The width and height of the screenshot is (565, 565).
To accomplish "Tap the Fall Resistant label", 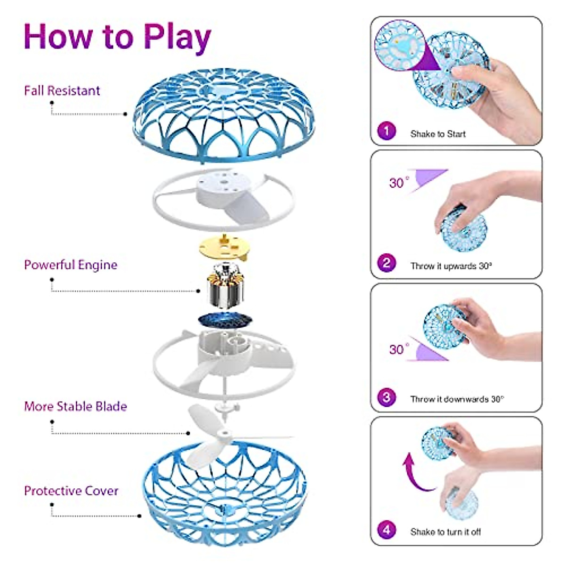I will click(x=62, y=90).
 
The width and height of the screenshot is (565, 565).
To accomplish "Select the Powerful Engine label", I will click(x=71, y=265).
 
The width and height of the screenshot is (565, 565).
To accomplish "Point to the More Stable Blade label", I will click(x=75, y=406).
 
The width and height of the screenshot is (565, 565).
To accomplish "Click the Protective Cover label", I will click(x=71, y=491).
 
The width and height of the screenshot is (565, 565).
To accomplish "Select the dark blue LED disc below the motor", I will click(x=225, y=321).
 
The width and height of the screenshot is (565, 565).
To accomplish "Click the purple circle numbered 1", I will click(x=387, y=130).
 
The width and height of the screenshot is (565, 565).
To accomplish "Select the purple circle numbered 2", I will click(x=387, y=263).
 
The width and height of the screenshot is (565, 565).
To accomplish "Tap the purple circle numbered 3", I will click(x=387, y=397).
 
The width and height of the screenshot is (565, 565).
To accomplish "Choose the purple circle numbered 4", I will click(x=387, y=530).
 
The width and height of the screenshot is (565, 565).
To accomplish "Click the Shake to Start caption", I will click(x=438, y=134).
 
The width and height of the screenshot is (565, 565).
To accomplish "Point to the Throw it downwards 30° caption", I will click(x=457, y=399).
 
